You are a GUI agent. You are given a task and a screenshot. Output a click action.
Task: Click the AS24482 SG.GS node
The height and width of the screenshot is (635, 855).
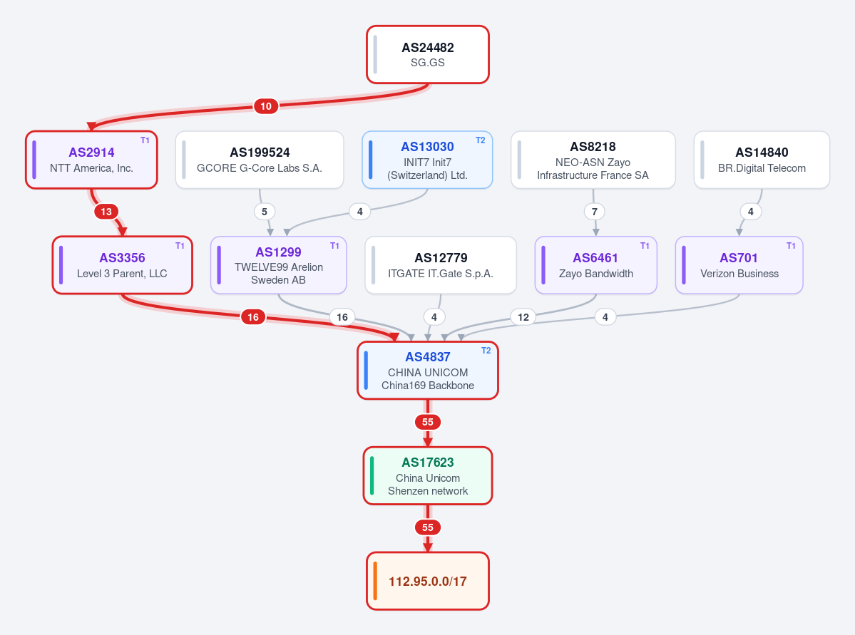(428, 54)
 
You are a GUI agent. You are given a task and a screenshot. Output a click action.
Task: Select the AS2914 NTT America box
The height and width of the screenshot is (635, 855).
(91, 160)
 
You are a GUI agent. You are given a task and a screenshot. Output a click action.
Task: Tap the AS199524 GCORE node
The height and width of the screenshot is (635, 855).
(260, 160)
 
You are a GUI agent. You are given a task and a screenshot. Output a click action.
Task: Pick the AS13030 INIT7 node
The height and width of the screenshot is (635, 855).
(428, 160)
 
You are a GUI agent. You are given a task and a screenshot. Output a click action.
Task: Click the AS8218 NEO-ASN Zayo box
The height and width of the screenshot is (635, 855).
(593, 160)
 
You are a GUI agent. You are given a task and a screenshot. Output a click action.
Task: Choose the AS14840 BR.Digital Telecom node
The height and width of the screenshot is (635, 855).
(762, 160)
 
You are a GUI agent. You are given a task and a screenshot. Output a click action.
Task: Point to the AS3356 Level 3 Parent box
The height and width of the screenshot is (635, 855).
(122, 265)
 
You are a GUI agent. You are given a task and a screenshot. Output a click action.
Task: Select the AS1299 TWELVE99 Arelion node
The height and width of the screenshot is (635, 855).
(279, 265)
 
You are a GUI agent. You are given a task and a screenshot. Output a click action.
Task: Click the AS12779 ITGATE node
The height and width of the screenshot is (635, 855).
(441, 265)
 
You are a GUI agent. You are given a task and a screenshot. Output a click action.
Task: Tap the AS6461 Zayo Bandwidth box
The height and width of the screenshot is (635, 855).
(596, 265)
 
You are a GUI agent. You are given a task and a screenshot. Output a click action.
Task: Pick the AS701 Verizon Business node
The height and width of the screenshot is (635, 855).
(739, 265)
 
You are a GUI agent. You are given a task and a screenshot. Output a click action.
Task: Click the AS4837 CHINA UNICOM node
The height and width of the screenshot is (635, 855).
(428, 371)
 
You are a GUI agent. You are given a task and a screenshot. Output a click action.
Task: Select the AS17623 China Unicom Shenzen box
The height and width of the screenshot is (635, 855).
(428, 476)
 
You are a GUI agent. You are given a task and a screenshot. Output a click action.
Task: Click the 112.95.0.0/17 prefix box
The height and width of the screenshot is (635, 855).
(428, 581)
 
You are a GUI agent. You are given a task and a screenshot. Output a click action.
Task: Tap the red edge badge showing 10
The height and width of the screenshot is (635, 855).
(266, 106)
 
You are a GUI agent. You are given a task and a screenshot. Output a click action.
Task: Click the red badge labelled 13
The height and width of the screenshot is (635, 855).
(106, 212)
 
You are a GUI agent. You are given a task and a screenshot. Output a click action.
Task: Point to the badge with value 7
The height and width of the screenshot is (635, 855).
(594, 212)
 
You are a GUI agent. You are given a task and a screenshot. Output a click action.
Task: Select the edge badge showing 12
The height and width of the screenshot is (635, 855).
(523, 317)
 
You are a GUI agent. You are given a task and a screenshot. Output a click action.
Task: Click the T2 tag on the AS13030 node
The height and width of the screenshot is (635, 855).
(481, 140)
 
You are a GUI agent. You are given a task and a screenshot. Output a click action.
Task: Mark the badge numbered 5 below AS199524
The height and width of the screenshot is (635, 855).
(265, 212)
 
